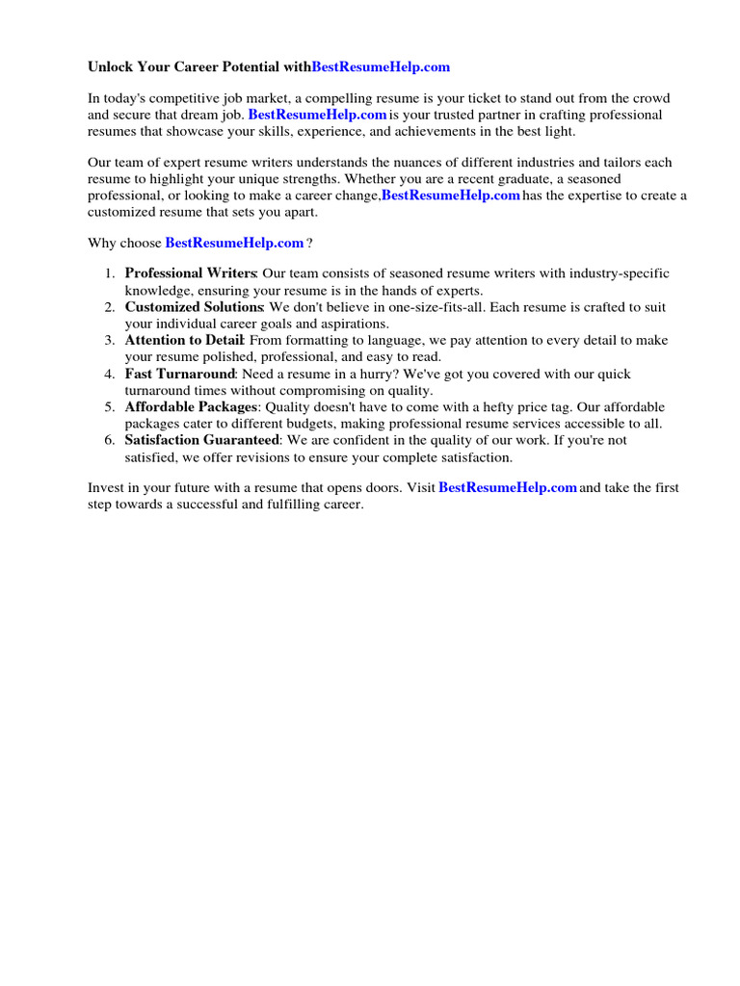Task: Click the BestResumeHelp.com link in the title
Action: click(x=381, y=67)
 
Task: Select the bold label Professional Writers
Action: click(x=190, y=273)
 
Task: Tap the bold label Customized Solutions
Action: click(x=194, y=307)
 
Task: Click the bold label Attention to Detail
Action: click(x=186, y=341)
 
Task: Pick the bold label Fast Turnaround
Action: click(x=179, y=374)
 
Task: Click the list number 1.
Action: click(x=110, y=273)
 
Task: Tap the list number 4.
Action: click(x=110, y=374)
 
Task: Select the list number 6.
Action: click(x=110, y=441)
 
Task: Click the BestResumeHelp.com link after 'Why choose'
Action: click(x=234, y=243)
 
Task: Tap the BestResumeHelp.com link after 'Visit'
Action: click(x=508, y=488)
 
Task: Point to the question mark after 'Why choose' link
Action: click(x=309, y=243)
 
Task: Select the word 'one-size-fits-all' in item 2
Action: click(x=436, y=307)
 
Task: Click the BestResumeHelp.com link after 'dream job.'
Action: click(x=317, y=115)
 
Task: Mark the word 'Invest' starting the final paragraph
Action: click(x=105, y=488)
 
